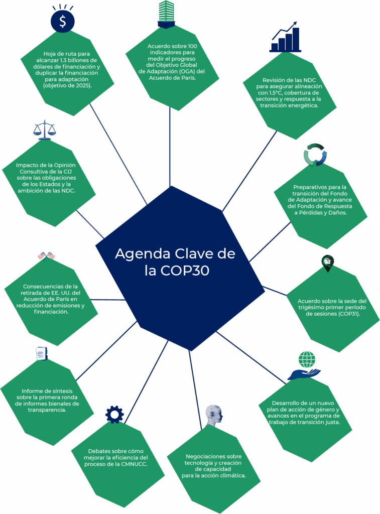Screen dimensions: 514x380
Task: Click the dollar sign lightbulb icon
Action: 63,19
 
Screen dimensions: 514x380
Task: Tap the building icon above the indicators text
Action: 166,14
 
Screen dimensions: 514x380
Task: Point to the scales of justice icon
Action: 45,129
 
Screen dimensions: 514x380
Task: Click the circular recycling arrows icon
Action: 315,155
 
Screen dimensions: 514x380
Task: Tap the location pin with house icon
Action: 327,263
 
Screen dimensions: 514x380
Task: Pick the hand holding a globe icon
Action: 304,366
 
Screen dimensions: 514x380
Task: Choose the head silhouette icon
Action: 214,415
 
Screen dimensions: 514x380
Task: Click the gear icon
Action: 114,414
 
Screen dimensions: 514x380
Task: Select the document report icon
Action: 41,354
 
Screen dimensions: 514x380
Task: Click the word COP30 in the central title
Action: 184,271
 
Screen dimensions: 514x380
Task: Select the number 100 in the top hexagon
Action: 190,46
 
